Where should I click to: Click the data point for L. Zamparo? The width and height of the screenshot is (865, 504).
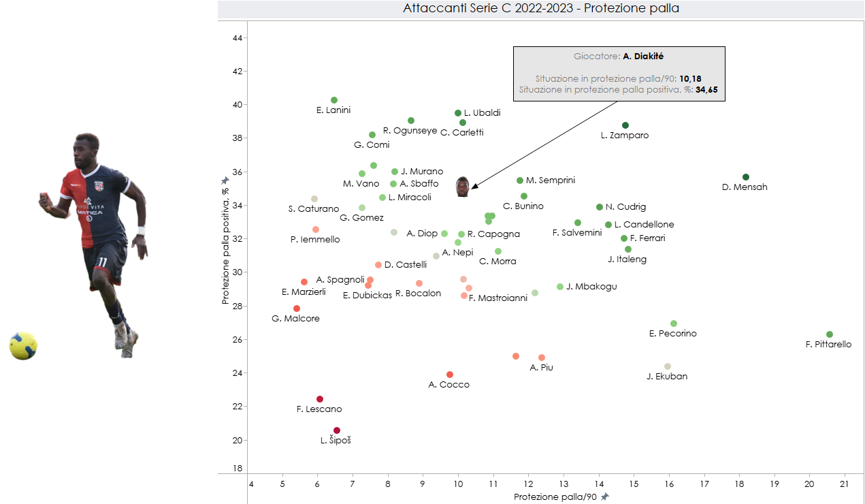[x=625, y=125]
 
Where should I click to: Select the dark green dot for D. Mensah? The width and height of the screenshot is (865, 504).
[x=746, y=177]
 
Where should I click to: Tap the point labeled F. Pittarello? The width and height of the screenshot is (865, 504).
[x=830, y=334]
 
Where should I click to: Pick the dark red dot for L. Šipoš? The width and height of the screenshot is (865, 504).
[x=337, y=430]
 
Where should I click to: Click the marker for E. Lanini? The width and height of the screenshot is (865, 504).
[x=334, y=100]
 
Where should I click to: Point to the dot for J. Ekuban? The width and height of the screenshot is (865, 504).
[x=668, y=366]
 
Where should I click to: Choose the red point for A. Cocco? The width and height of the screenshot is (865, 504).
[x=450, y=375]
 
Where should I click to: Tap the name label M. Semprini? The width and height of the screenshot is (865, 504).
[x=551, y=180]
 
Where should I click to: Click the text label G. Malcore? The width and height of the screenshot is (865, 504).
[x=295, y=319]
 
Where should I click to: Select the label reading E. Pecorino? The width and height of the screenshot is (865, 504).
[x=673, y=334]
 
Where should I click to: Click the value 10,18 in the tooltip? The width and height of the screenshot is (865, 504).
[x=691, y=78]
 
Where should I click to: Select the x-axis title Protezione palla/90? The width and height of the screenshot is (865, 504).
[x=555, y=497]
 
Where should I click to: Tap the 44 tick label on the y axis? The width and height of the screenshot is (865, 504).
[x=238, y=38]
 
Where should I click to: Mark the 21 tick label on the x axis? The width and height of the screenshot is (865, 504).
[x=844, y=484]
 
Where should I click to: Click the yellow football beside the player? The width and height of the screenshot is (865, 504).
[x=23, y=346]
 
